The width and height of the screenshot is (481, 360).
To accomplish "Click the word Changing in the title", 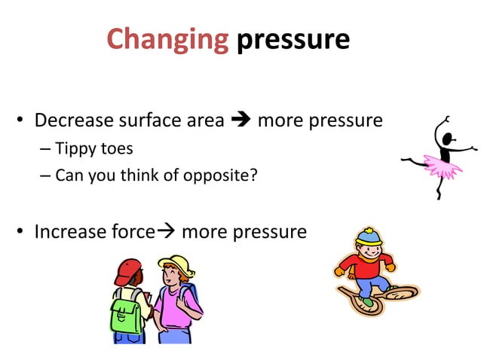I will [x=167, y=39].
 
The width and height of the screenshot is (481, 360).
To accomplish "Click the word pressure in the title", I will [x=293, y=39].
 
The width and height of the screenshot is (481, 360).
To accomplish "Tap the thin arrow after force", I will [x=164, y=231].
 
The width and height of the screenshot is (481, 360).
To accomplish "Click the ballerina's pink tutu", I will [x=442, y=166].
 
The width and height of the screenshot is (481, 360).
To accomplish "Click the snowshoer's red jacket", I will [x=362, y=266].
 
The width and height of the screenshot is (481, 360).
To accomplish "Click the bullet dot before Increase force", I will [x=21, y=232].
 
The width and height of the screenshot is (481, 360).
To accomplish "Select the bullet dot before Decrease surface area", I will [x=21, y=121].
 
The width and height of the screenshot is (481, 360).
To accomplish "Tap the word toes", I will [x=120, y=148].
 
